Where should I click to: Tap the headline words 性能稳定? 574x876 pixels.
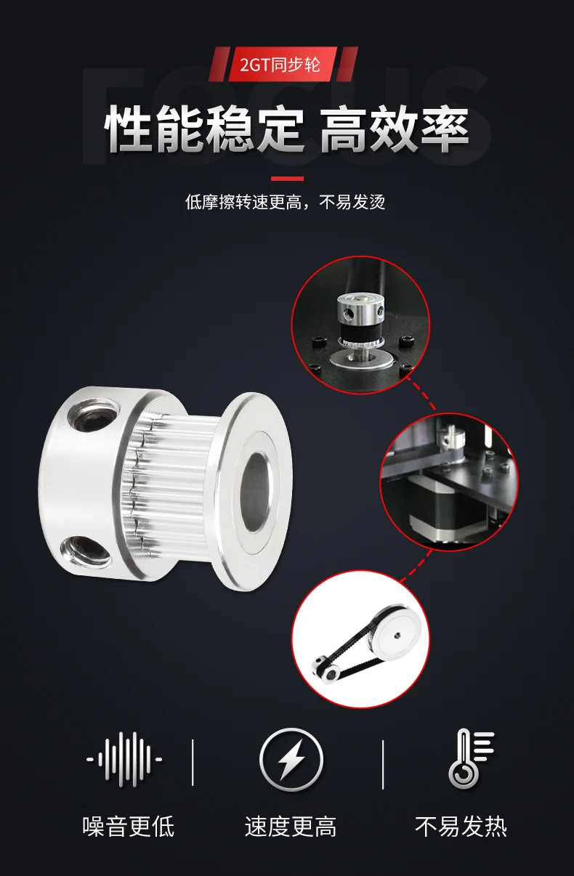point(204,129)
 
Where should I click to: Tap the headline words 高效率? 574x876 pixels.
point(395,129)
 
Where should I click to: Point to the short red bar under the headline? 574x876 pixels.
point(287,179)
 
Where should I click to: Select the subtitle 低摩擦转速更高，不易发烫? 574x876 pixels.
point(286,202)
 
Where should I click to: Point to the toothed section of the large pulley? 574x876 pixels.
point(172,488)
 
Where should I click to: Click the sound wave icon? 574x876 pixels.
point(124,760)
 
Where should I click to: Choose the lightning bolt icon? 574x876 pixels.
point(291,760)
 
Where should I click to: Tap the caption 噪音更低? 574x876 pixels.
point(129,827)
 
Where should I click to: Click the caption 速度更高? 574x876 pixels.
point(291,827)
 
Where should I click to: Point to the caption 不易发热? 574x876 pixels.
point(461,827)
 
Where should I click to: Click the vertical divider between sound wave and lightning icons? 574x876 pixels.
point(193,762)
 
